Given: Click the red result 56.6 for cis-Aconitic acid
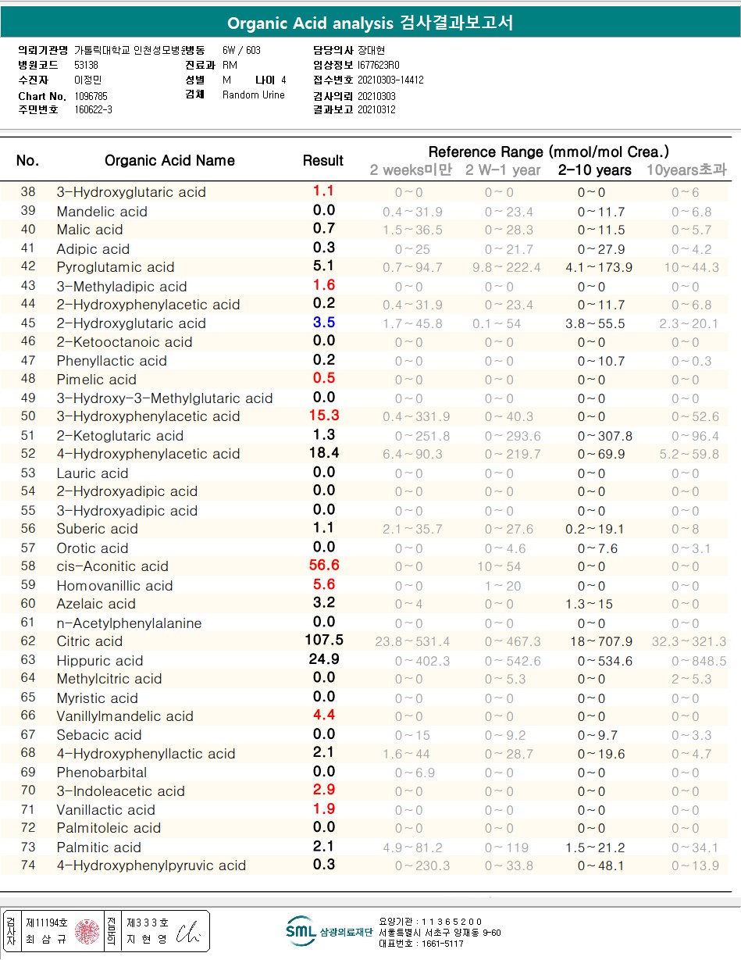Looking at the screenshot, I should click(322, 566).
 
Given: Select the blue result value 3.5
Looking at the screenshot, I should click(323, 323).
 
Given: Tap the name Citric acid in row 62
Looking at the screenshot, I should click(89, 641).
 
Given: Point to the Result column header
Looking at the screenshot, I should click(323, 160).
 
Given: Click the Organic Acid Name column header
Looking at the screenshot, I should click(169, 160).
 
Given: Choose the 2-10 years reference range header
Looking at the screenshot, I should click(594, 170).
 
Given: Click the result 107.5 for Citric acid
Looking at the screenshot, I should click(323, 641).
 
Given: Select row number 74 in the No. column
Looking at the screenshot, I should click(28, 865).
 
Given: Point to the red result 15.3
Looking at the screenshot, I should click(323, 416).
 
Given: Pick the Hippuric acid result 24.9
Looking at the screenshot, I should click(323, 659).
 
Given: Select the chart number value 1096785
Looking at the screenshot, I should click(91, 96).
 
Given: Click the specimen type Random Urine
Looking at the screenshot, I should click(254, 95).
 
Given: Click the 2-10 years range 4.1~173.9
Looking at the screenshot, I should click(598, 267).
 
